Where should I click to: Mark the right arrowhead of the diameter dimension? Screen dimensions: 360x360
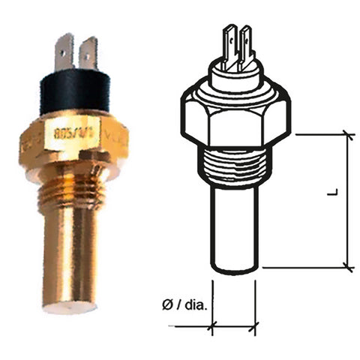click(x=254, y=326)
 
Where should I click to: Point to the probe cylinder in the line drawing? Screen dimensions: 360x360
click(x=235, y=225)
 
